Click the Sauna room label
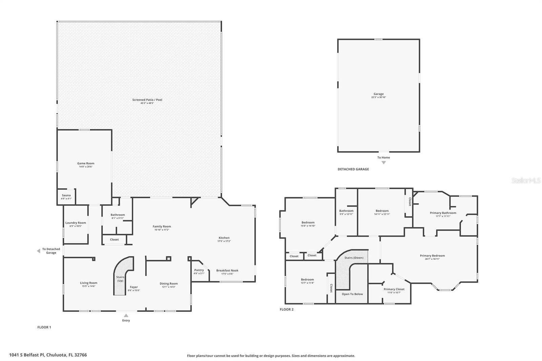(x=66, y=195)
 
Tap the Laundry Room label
(x=76, y=223)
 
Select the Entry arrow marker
(x=126, y=316)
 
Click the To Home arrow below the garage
(x=383, y=163)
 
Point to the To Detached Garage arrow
(x=38, y=251)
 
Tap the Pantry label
(x=199, y=270)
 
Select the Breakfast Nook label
(x=227, y=271)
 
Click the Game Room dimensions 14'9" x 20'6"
(x=85, y=167)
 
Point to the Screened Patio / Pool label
(x=147, y=100)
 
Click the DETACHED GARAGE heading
(x=353, y=169)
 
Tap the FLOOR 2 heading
(x=287, y=310)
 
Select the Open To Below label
(x=352, y=294)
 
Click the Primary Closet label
(x=394, y=289)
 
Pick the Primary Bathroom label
(x=443, y=213)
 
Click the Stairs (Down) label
(x=354, y=258)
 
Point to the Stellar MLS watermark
(x=526, y=181)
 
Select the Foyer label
(x=134, y=287)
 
